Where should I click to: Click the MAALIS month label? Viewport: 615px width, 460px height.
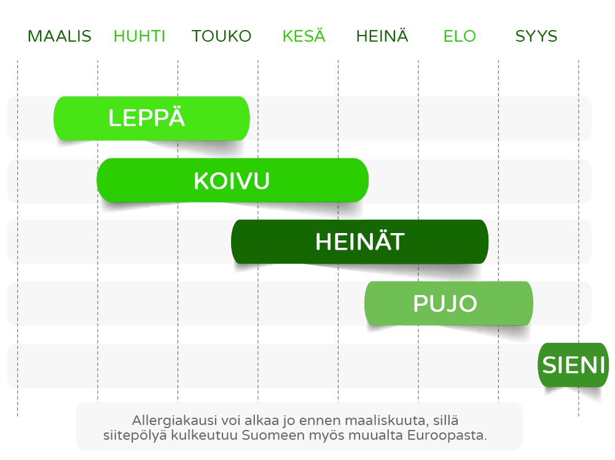[59, 36]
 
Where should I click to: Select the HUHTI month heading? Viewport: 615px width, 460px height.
[139, 36]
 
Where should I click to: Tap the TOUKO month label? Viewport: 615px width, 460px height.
[221, 36]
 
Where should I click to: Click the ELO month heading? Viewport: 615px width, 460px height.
[460, 36]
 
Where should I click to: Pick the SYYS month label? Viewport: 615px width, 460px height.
[536, 36]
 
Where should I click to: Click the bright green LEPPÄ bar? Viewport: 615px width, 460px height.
[151, 118]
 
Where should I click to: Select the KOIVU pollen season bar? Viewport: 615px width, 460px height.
[233, 180]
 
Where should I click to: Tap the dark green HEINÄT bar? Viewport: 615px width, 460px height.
[359, 242]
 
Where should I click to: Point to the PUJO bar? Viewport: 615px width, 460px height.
[449, 304]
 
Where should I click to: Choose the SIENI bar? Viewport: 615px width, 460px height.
[573, 365]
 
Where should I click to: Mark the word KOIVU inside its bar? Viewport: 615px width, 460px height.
[232, 181]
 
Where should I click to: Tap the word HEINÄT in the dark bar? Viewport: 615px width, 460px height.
[359, 240]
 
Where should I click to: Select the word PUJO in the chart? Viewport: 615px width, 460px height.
[445, 304]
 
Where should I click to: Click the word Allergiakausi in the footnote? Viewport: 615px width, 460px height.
[174, 421]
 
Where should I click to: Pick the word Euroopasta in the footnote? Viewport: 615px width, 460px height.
[447, 436]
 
